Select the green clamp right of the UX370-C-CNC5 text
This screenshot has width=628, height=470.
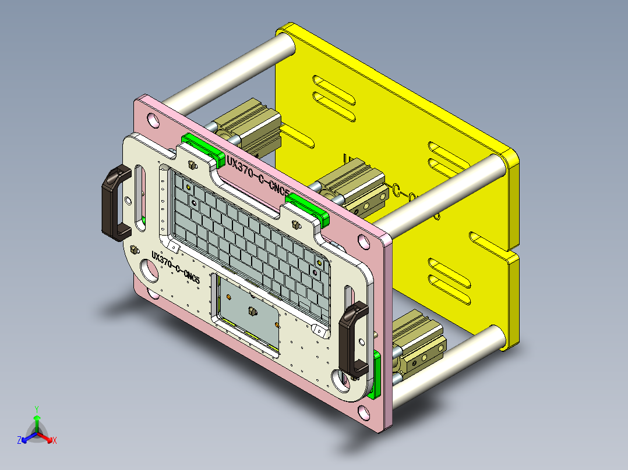(x=308, y=207)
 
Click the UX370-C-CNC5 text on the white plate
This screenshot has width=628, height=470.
(x=175, y=267)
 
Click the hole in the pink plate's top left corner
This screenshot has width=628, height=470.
(x=153, y=120)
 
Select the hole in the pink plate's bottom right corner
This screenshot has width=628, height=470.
(x=365, y=413)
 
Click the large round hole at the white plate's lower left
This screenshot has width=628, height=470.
(x=149, y=271)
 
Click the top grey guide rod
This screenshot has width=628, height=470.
(x=233, y=70)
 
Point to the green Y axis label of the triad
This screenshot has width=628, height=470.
(x=36, y=409)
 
